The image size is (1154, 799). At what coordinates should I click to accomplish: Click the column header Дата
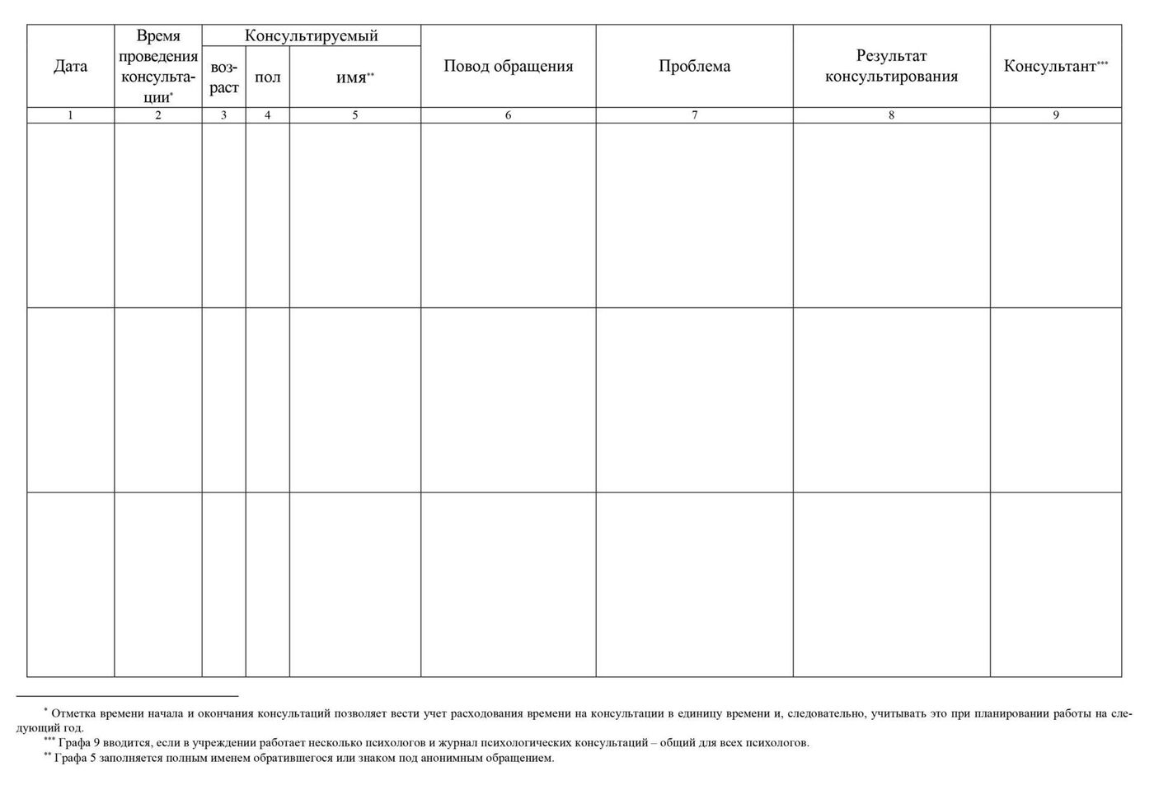(70, 67)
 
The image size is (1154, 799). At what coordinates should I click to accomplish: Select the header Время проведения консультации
(158, 67)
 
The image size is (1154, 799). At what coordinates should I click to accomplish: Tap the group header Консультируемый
(312, 35)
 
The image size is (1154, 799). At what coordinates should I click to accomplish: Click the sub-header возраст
(223, 77)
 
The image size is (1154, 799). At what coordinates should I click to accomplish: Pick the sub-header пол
(267, 77)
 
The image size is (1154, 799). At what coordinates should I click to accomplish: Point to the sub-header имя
(354, 77)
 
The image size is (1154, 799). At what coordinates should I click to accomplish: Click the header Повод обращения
(508, 67)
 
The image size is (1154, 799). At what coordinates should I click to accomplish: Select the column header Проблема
(694, 67)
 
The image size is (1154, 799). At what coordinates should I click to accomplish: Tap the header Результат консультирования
(891, 67)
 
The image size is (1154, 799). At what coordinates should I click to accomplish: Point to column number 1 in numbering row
(70, 115)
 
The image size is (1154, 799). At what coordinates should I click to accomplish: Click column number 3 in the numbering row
(223, 115)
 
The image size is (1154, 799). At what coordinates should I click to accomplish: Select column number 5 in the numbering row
(355, 115)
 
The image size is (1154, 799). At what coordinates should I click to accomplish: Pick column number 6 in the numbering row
(508, 115)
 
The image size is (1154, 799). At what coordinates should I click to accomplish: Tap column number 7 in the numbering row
(694, 115)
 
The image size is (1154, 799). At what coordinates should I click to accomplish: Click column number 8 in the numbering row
(891, 115)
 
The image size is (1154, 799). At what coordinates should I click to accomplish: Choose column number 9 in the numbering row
(1056, 115)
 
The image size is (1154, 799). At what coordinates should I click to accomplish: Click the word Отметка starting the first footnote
(72, 713)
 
